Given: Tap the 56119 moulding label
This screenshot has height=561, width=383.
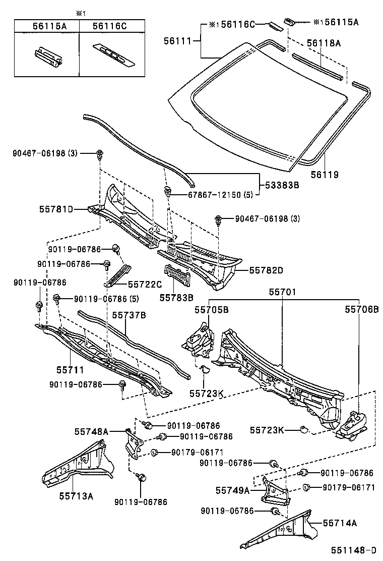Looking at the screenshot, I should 324,175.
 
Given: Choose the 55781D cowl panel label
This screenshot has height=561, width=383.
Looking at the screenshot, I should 55,208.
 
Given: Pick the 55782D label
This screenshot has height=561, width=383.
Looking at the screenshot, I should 266,270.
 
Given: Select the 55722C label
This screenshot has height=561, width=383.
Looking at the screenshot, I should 145,285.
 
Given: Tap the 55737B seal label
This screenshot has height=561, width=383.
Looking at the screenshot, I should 129,315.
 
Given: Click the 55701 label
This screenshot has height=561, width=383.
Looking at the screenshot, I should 282,292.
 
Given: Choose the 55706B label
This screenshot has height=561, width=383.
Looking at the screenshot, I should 362,310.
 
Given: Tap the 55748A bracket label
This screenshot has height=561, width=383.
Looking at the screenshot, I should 91,431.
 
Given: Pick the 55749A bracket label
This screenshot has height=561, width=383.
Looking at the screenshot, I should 233,490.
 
